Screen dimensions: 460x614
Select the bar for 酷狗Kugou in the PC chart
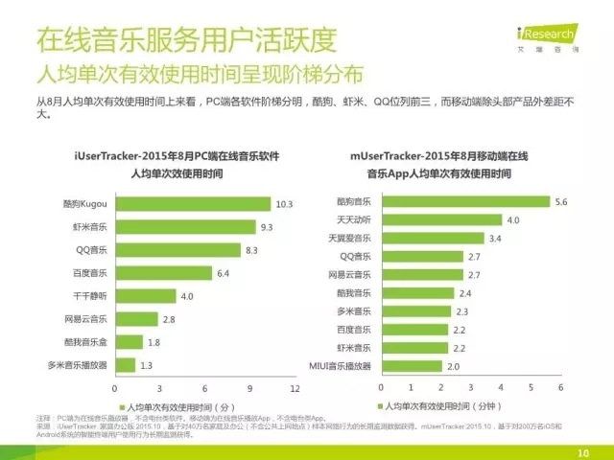193,204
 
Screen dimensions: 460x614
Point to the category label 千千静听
87,296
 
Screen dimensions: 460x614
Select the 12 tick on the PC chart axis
295,389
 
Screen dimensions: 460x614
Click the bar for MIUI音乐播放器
413,365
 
